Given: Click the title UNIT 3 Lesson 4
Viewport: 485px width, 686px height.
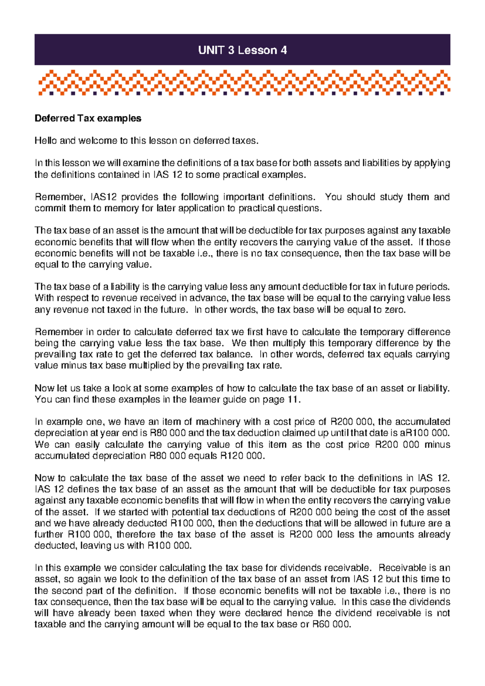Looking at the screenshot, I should (242, 50).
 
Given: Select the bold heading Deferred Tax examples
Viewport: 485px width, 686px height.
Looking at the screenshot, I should (88, 118).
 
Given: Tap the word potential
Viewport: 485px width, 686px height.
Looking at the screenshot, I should (188, 512).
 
